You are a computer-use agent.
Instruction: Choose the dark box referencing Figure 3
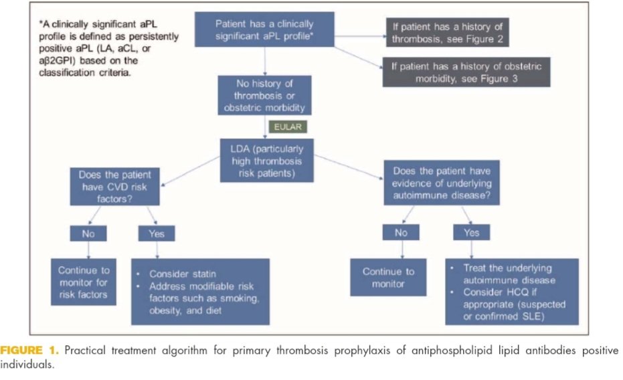(466, 72)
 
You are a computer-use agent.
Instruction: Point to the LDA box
(266, 159)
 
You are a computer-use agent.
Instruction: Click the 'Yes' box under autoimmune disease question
(471, 233)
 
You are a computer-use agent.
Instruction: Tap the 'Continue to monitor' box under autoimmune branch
(388, 277)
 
